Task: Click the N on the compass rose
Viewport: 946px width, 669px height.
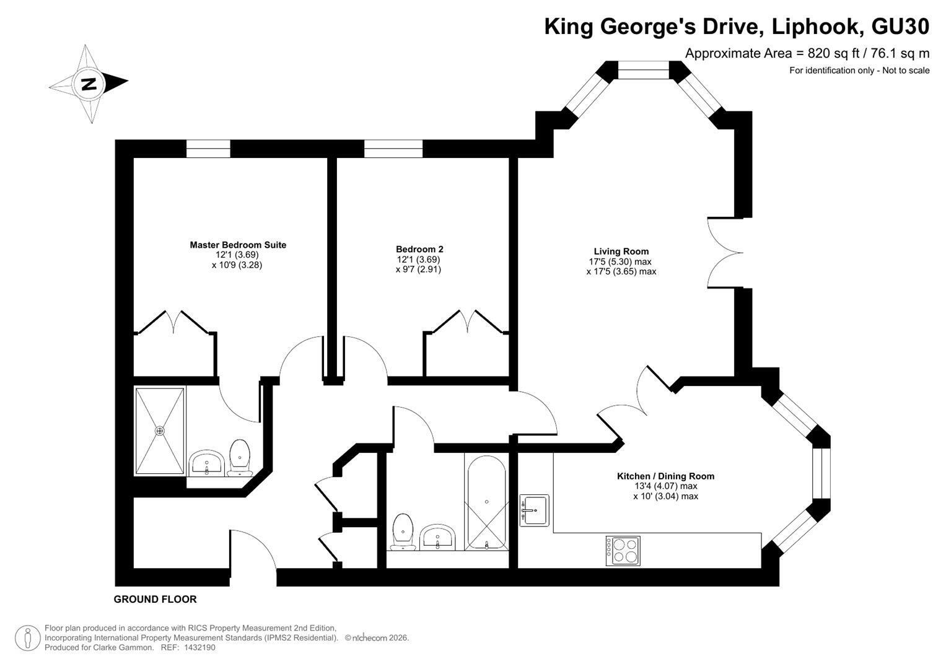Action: [x=89, y=84]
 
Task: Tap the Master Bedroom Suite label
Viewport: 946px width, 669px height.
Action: [x=238, y=245]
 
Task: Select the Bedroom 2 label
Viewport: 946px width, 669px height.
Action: [x=419, y=249]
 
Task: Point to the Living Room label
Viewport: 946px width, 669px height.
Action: [x=621, y=251]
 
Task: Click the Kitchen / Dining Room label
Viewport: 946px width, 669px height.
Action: [x=665, y=476]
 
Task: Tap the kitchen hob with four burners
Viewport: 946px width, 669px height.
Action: [x=623, y=551]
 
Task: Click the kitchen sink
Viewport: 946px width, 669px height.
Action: [x=534, y=510]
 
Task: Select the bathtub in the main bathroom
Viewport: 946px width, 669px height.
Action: [x=486, y=502]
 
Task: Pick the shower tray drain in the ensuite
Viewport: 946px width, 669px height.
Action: [x=160, y=431]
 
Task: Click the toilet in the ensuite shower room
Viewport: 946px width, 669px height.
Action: [x=240, y=457]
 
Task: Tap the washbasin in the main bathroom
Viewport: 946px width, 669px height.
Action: [x=438, y=537]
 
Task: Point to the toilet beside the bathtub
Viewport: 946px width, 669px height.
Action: [x=403, y=531]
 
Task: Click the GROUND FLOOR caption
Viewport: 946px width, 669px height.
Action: [x=155, y=600]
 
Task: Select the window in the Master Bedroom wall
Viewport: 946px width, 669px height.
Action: [x=208, y=149]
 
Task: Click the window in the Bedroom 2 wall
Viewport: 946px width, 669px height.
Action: [x=393, y=149]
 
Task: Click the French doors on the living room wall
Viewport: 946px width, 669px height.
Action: [x=725, y=253]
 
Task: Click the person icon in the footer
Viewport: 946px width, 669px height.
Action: [x=28, y=638]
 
